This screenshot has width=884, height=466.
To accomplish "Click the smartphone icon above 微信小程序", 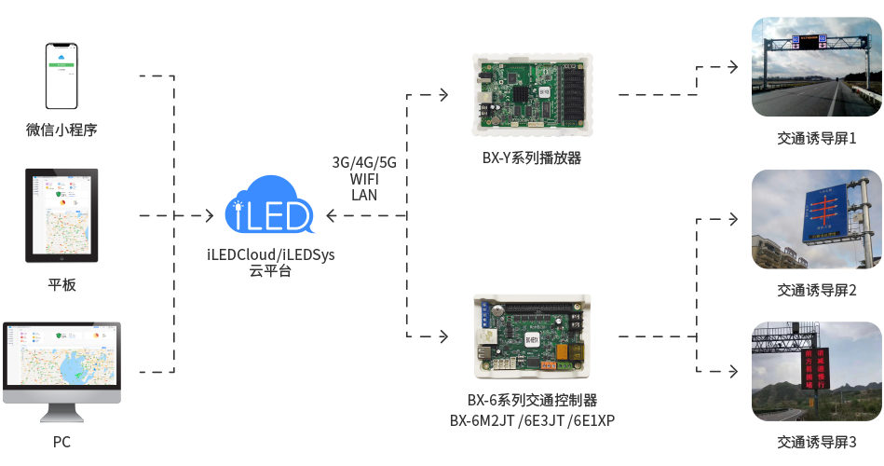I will [x=61, y=75].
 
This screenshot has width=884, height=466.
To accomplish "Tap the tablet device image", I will [x=61, y=215].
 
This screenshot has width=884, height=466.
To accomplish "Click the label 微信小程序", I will [x=61, y=130].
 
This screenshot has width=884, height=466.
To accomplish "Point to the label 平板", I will [x=61, y=285].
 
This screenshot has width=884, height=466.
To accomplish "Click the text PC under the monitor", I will [x=61, y=442].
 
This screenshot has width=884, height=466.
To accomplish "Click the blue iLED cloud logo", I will [x=269, y=206].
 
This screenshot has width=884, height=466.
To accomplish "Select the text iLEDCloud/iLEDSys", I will [x=270, y=254].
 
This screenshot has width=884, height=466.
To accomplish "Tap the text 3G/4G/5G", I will [x=364, y=162].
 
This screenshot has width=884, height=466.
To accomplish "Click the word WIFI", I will [x=364, y=179].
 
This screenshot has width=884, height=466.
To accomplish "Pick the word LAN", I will [x=364, y=195].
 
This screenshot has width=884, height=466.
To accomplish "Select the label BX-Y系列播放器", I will [x=532, y=158].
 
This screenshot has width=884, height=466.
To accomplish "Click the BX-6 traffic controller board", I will [x=532, y=336].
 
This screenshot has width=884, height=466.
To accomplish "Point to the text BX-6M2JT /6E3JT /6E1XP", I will [x=532, y=420].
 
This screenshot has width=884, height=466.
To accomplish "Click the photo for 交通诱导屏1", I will [x=816, y=66].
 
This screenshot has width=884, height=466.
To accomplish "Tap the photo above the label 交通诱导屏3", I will [x=816, y=371].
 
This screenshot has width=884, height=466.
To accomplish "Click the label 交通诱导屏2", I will [x=816, y=290].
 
